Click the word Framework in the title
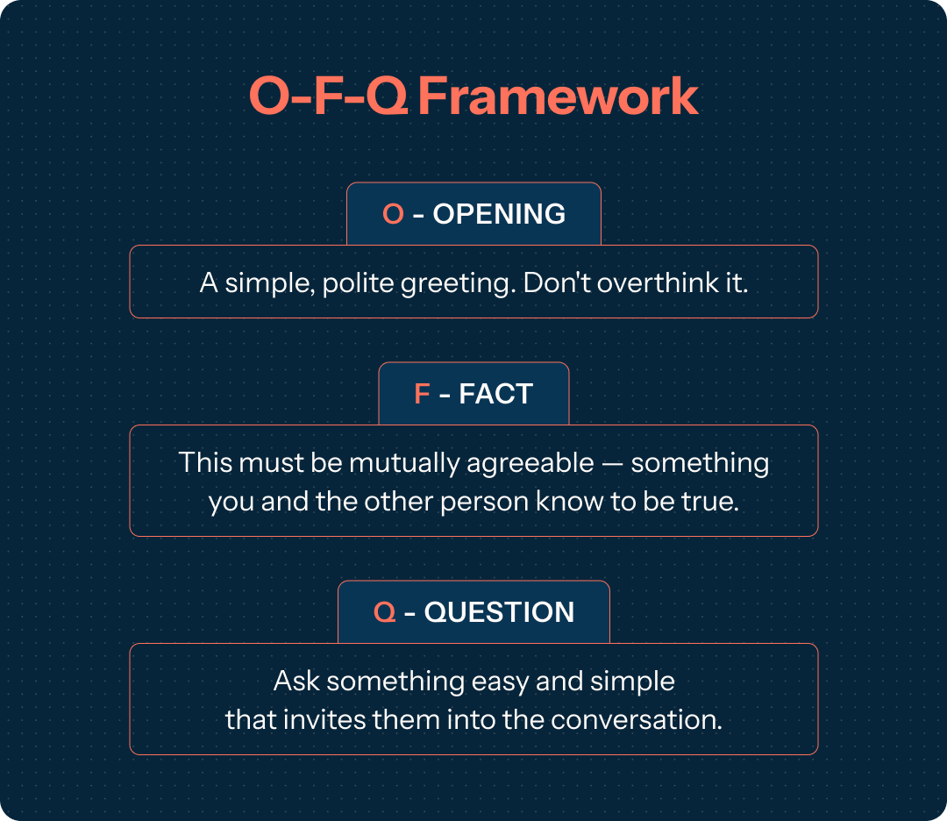coord(558,96)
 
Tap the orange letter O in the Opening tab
coord(393,214)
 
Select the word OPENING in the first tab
coord(499,214)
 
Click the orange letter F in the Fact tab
coord(422,394)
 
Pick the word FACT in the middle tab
coord(495,394)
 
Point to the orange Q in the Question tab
coord(385,612)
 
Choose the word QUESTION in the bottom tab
coord(500,612)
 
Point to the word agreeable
coord(530,464)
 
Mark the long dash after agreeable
coord(613,464)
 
